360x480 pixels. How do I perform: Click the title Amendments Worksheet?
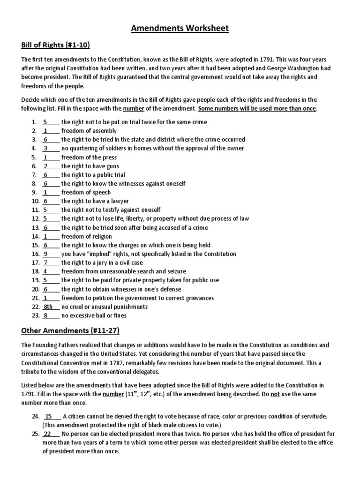point(180,29)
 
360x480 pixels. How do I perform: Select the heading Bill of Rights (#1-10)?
point(55,45)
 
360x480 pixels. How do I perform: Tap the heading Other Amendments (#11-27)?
point(70,331)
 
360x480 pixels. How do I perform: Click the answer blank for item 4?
point(46,149)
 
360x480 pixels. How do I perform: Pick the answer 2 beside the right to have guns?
point(46,166)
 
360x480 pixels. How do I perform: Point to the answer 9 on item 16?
point(46,254)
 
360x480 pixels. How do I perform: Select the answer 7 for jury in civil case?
point(46,263)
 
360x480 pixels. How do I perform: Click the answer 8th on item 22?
point(48,307)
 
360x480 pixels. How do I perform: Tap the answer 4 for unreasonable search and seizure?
point(45,271)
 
